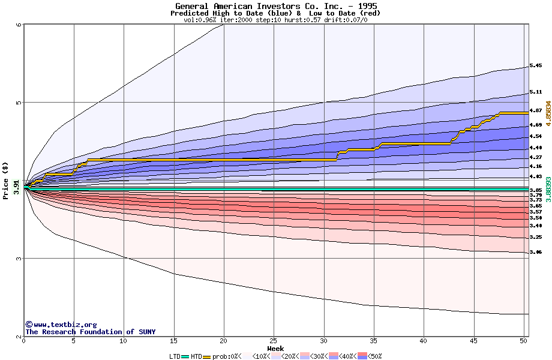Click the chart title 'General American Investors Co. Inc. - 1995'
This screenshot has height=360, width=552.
(276, 6)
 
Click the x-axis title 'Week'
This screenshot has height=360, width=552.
(275, 349)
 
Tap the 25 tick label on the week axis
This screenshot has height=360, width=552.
(274, 341)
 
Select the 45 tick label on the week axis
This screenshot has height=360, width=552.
(473, 341)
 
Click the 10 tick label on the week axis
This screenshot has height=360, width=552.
(124, 341)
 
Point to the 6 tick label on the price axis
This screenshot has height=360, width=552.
(19, 25)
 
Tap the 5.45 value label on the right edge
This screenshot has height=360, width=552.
(536, 65)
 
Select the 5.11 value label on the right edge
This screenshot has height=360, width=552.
(536, 92)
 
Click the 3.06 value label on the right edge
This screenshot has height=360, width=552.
(536, 253)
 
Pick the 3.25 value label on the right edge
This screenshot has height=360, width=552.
(536, 238)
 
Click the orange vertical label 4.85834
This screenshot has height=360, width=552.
(548, 116)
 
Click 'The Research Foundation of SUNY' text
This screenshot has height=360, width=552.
(90, 332)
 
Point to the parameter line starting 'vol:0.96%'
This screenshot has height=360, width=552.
(275, 20)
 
